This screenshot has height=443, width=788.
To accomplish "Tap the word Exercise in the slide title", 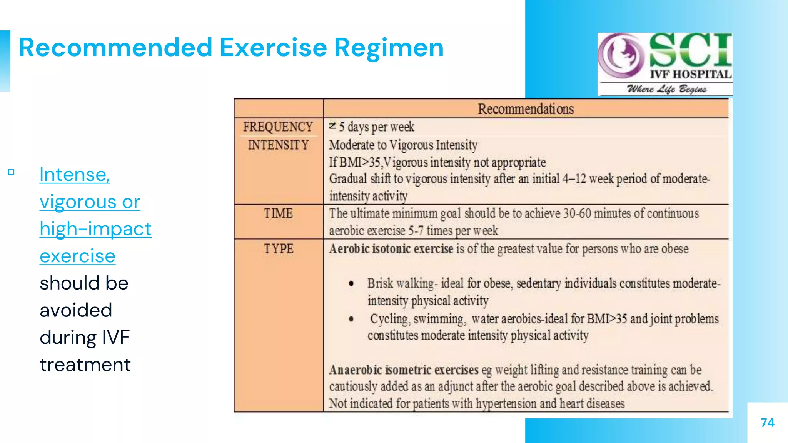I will coord(273,48).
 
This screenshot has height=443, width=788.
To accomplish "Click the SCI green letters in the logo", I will coord(691,50).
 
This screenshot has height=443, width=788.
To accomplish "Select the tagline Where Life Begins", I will coord(666,89).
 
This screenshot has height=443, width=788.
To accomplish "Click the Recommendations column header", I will coord(526,109).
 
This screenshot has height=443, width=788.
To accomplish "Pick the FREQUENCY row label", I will coord(278,127).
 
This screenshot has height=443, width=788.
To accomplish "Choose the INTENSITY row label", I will coord(278,145).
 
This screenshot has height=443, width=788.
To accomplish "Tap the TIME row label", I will coord(278,213).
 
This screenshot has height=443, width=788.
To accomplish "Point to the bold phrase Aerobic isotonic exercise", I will coord(391,249).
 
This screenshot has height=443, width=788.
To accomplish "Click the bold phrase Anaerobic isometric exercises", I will coord(404,370).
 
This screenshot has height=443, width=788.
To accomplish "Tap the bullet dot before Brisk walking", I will coord(351,284).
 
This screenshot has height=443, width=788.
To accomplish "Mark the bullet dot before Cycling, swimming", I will coord(351,319).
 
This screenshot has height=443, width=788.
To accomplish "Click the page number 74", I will coord(767,423).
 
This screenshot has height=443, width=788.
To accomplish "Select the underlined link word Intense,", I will coord(75,175).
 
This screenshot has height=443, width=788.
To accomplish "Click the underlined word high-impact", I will coord(95,229).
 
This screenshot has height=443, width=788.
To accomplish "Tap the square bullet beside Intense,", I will coord(11,172).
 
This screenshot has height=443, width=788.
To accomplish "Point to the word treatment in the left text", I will coord(85,365).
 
